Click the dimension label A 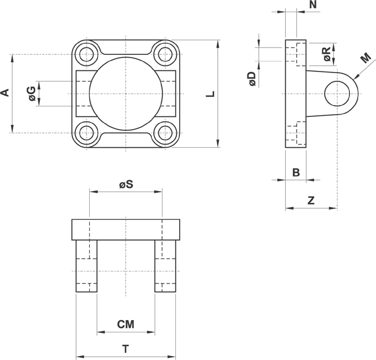[x=5, y=92]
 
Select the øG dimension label [x=32, y=94]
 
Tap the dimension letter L [x=210, y=94]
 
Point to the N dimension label [x=313, y=4]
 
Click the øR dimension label [x=327, y=54]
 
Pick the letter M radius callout [x=366, y=58]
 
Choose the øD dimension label [x=252, y=79]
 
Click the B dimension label [x=296, y=172]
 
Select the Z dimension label [x=311, y=200]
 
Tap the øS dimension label [x=126, y=184]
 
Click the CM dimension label [x=126, y=325]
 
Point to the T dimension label [x=126, y=349]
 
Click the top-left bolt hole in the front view [x=87, y=55]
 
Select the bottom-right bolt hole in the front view [x=165, y=133]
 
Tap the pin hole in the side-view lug [x=337, y=94]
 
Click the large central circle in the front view [x=126, y=94]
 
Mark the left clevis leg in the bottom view [x=87, y=266]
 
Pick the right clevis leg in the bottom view [x=165, y=266]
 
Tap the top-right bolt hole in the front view [x=165, y=55]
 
